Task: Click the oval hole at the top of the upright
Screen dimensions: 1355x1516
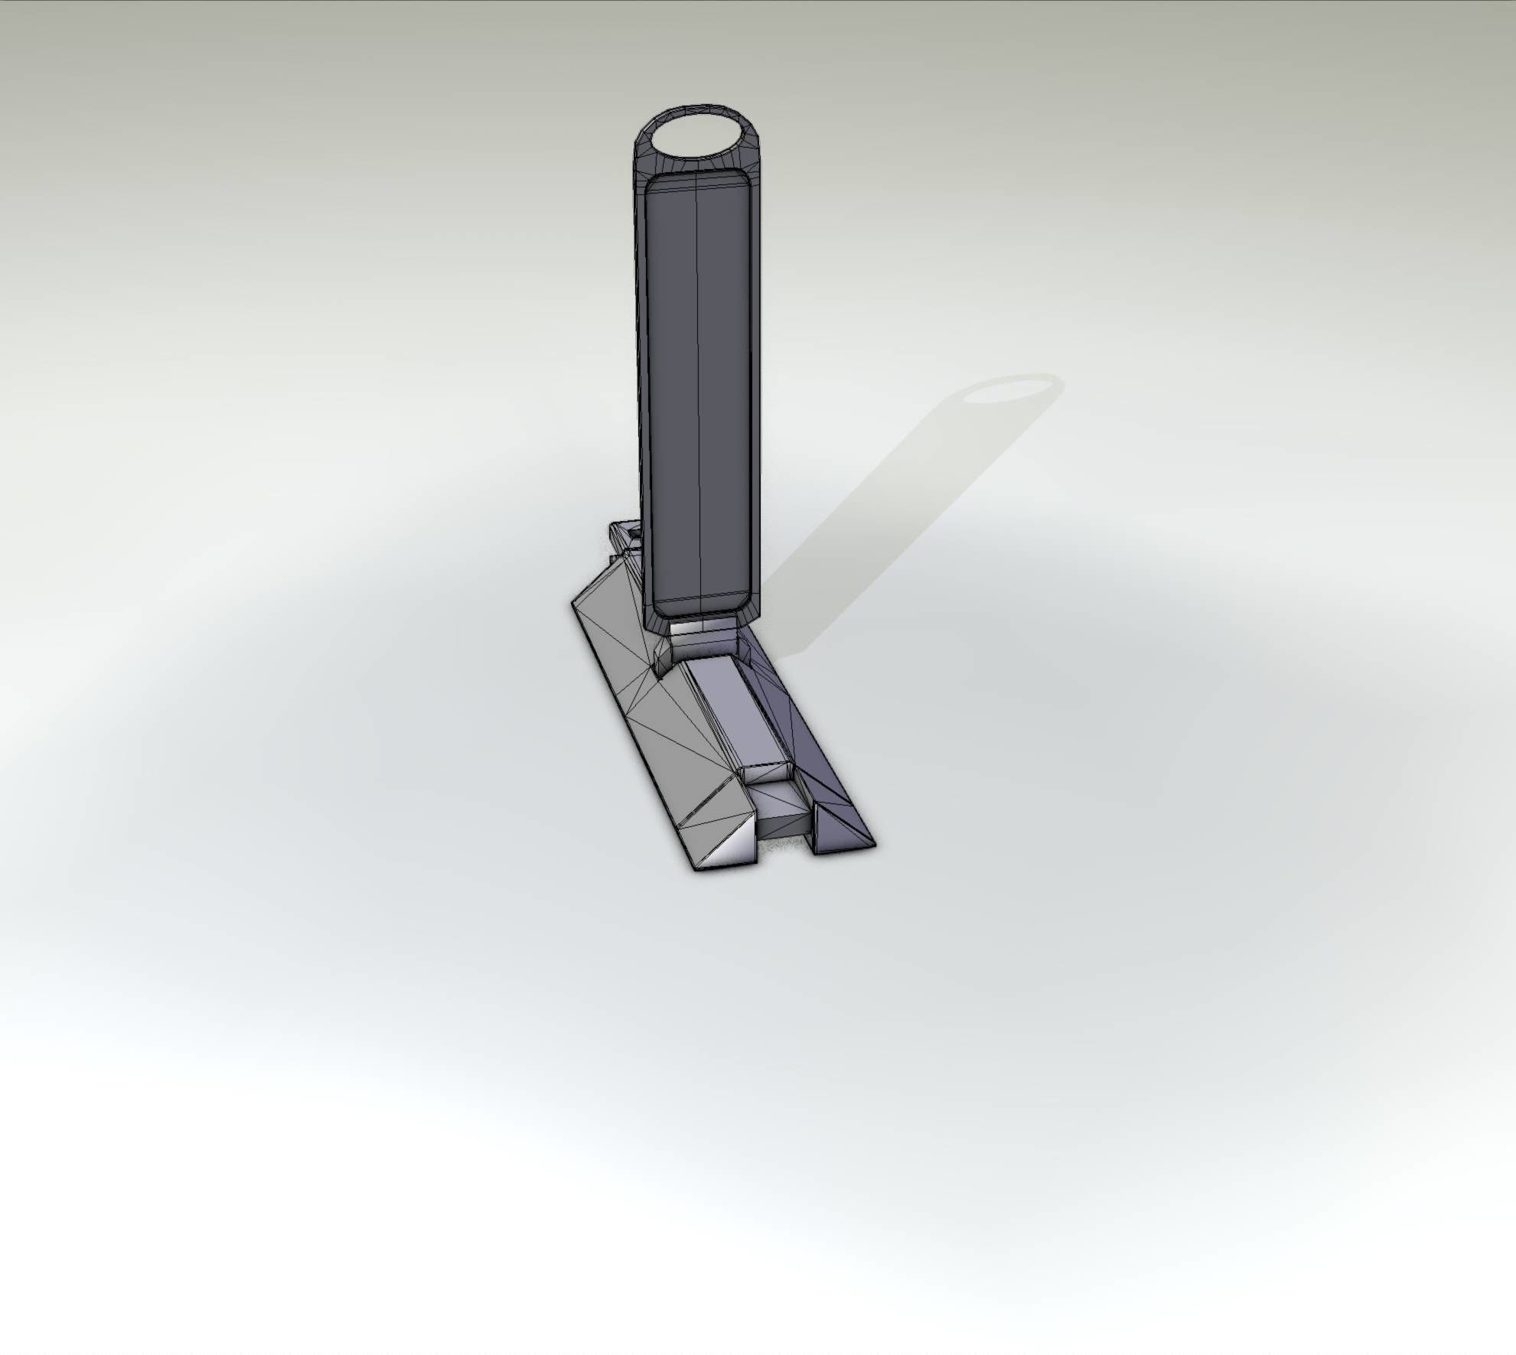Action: pyautogui.click(x=697, y=137)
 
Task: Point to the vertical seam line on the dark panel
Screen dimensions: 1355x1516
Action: pyautogui.click(x=699, y=344)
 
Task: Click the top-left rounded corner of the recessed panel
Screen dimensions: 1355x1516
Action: pyautogui.click(x=653, y=184)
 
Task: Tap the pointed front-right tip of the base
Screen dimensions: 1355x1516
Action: pyautogui.click(x=875, y=844)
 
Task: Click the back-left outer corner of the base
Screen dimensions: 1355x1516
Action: pyautogui.click(x=572, y=601)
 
